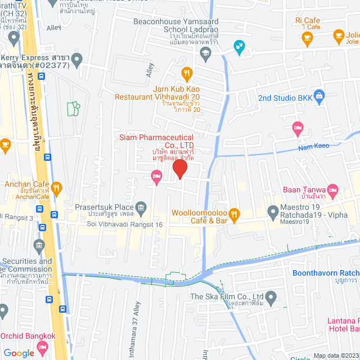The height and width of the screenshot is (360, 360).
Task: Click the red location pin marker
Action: tap(179, 169)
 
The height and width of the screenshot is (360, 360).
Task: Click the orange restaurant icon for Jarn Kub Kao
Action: tap(187, 73)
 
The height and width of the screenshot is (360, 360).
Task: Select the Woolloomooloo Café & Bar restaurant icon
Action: tap(235, 213)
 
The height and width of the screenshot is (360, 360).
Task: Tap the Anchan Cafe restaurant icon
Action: tap(56, 187)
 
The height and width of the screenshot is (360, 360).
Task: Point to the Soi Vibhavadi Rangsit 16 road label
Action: tap(124, 224)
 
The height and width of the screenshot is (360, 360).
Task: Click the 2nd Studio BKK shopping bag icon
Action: tap(319, 95)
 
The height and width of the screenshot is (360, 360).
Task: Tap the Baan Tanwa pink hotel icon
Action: tap(332, 191)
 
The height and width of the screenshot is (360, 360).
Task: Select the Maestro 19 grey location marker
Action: tap(273, 213)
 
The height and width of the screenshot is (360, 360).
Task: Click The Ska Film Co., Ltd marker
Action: tap(271, 296)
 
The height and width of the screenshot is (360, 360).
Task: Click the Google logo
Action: tap(19, 353)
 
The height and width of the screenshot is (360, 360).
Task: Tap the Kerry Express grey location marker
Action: tap(78, 58)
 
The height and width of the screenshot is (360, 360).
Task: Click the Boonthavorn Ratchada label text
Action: tap(326, 273)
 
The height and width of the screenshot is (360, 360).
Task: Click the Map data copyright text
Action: tap(336, 355)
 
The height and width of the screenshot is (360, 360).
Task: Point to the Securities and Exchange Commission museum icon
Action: tap(39, 245)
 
